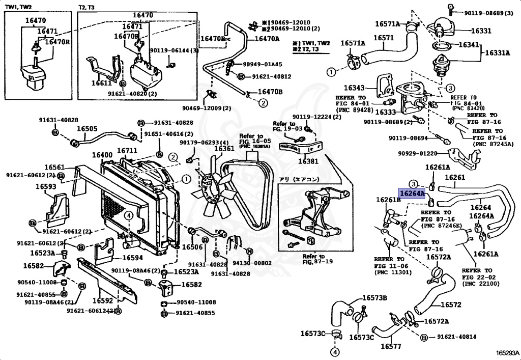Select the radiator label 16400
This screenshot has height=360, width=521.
102,155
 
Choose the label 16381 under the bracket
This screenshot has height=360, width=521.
308,161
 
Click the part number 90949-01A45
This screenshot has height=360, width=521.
263,65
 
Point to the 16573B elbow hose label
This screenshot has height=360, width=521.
374,297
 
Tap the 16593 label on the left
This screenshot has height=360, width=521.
46,186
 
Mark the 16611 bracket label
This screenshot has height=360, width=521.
102,82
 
